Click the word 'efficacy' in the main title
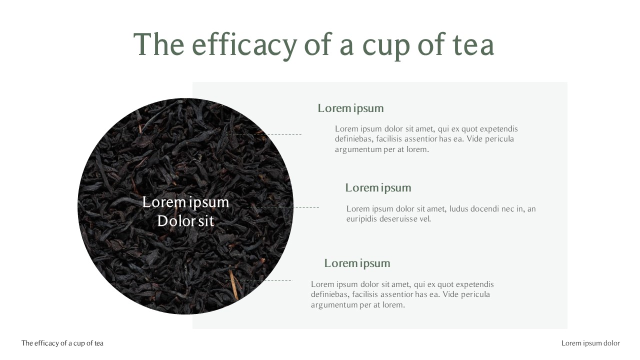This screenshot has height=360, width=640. point(244,44)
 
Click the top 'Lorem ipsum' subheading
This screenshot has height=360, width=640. point(350,108)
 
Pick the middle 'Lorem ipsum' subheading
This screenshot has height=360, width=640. point(378,187)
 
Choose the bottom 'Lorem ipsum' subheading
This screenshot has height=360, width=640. point(357,263)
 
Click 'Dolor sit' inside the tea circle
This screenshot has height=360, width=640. point(185,220)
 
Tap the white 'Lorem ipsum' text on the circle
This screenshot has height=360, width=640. point(185,202)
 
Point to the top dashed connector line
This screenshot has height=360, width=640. point(264,134)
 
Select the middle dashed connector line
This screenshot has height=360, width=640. point(283,207)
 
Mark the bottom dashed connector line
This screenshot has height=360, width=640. point(258,280)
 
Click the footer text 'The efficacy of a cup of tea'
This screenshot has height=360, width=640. point(62,343)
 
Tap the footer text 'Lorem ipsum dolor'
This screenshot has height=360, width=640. point(590,343)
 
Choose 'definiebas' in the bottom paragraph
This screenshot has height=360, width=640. point(329,294)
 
